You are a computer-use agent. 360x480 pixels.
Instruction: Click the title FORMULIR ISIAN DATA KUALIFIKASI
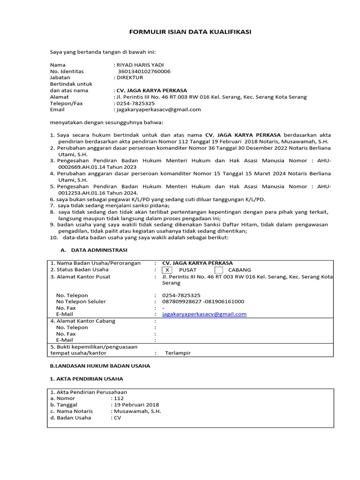(x=190, y=31)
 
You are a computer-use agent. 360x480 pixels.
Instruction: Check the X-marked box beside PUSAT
(x=167, y=270)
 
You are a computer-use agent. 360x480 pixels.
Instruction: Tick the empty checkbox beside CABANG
(x=218, y=270)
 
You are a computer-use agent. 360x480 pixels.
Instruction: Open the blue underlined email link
(x=204, y=314)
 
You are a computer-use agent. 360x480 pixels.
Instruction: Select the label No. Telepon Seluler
(x=81, y=301)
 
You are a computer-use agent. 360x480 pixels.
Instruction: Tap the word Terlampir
(x=178, y=353)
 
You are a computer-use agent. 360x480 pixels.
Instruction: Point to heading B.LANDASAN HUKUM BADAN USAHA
(x=100, y=366)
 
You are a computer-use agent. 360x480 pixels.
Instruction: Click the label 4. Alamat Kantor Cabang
(x=82, y=321)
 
